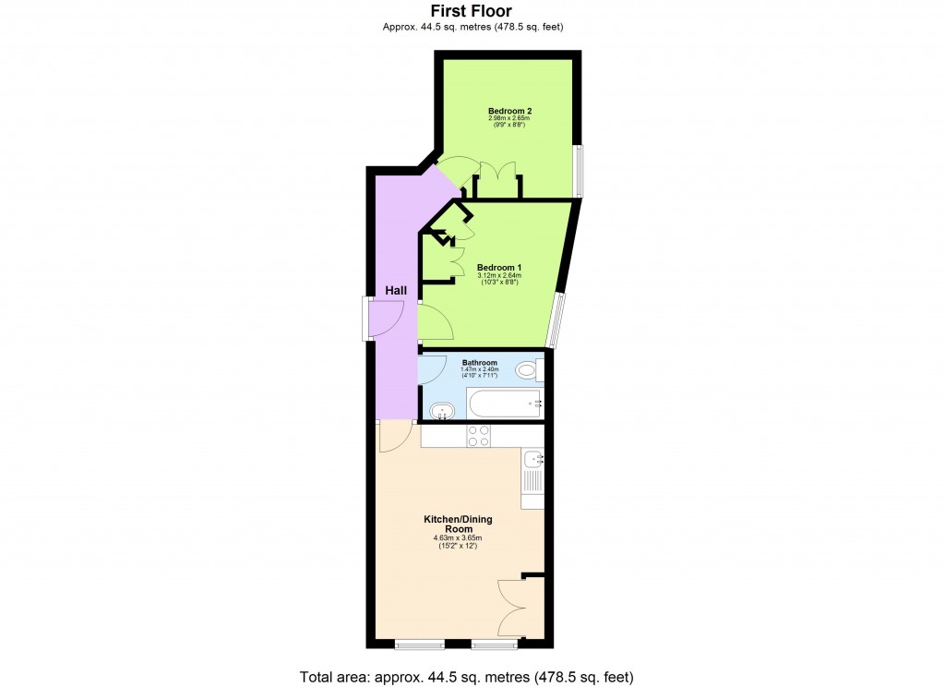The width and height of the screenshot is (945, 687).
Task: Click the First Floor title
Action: click(472, 11)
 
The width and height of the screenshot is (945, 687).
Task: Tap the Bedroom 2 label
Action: click(509, 111)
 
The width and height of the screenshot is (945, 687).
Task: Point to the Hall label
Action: click(396, 291)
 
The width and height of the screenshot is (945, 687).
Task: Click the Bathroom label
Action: click(480, 363)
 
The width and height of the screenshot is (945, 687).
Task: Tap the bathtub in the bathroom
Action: click(505, 404)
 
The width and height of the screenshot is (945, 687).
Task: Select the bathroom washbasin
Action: click(444, 409)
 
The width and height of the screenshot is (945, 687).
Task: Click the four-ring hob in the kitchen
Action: click(478, 436)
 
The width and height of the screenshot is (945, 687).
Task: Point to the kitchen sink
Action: click(533, 460)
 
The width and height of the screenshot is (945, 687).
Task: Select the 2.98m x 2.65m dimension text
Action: click(509, 119)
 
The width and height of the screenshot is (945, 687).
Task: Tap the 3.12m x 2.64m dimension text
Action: click(499, 275)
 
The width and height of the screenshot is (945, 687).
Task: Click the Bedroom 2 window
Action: click(579, 171)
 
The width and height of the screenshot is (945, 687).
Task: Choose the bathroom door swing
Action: click(431, 370)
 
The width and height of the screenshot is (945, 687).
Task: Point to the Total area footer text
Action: click(466, 677)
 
